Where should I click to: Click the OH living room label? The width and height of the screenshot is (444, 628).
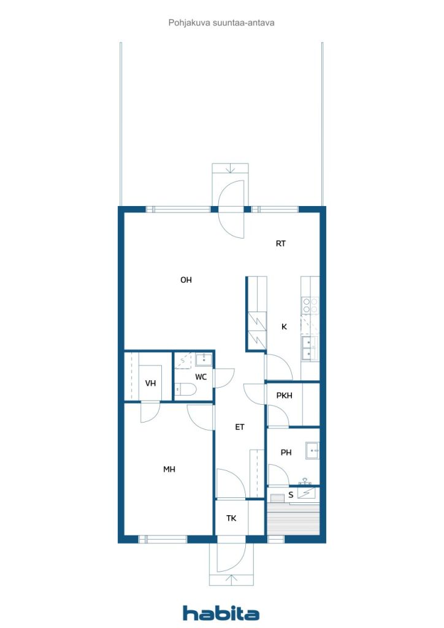pos(186,280)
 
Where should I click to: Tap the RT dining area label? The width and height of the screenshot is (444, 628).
pos(281,243)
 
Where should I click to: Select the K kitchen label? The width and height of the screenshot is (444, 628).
pos(285,327)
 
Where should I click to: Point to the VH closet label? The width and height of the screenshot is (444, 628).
pos(150,383)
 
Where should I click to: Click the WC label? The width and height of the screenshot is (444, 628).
pos(201,377)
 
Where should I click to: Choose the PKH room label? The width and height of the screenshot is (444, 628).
pos(285,396)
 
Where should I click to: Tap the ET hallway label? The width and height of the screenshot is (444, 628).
pos(239,427)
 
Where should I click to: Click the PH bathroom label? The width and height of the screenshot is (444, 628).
pos(286,453)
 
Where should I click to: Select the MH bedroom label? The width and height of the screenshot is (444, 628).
pos(169,469)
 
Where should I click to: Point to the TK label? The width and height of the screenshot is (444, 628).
pos(231,518)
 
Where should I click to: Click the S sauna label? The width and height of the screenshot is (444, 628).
pos(291,495)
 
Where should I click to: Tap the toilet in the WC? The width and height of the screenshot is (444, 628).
pos(185,389)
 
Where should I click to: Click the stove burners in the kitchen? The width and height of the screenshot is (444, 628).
pos(310,305)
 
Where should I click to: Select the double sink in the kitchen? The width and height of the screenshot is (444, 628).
pos(308,348)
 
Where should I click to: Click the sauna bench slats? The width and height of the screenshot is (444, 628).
pos(294,519)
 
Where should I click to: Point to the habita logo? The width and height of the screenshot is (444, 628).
pos(221,613)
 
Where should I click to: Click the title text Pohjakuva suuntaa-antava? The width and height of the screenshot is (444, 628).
pos(221,23)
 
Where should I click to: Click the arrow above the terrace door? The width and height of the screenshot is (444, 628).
pos(230,169)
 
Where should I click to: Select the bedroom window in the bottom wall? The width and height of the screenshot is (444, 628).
pos(163,539)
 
